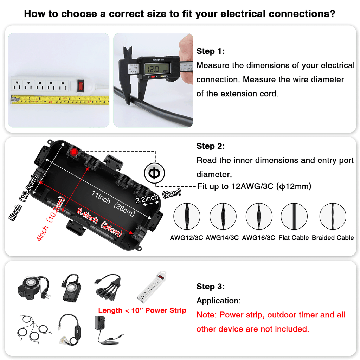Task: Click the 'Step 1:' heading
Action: click(210, 51)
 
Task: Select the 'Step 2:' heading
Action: click(210, 146)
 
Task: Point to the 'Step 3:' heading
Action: click(210, 287)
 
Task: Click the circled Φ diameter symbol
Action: click(154, 173)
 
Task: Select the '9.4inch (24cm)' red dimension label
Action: click(99, 222)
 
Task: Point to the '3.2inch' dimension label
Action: click(147, 199)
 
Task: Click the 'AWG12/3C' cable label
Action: click(187, 238)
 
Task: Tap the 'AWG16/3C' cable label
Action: click(258, 238)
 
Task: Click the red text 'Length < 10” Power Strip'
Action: click(142, 311)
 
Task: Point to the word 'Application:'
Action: click(219, 301)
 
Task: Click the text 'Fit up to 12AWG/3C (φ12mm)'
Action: click(254, 186)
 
